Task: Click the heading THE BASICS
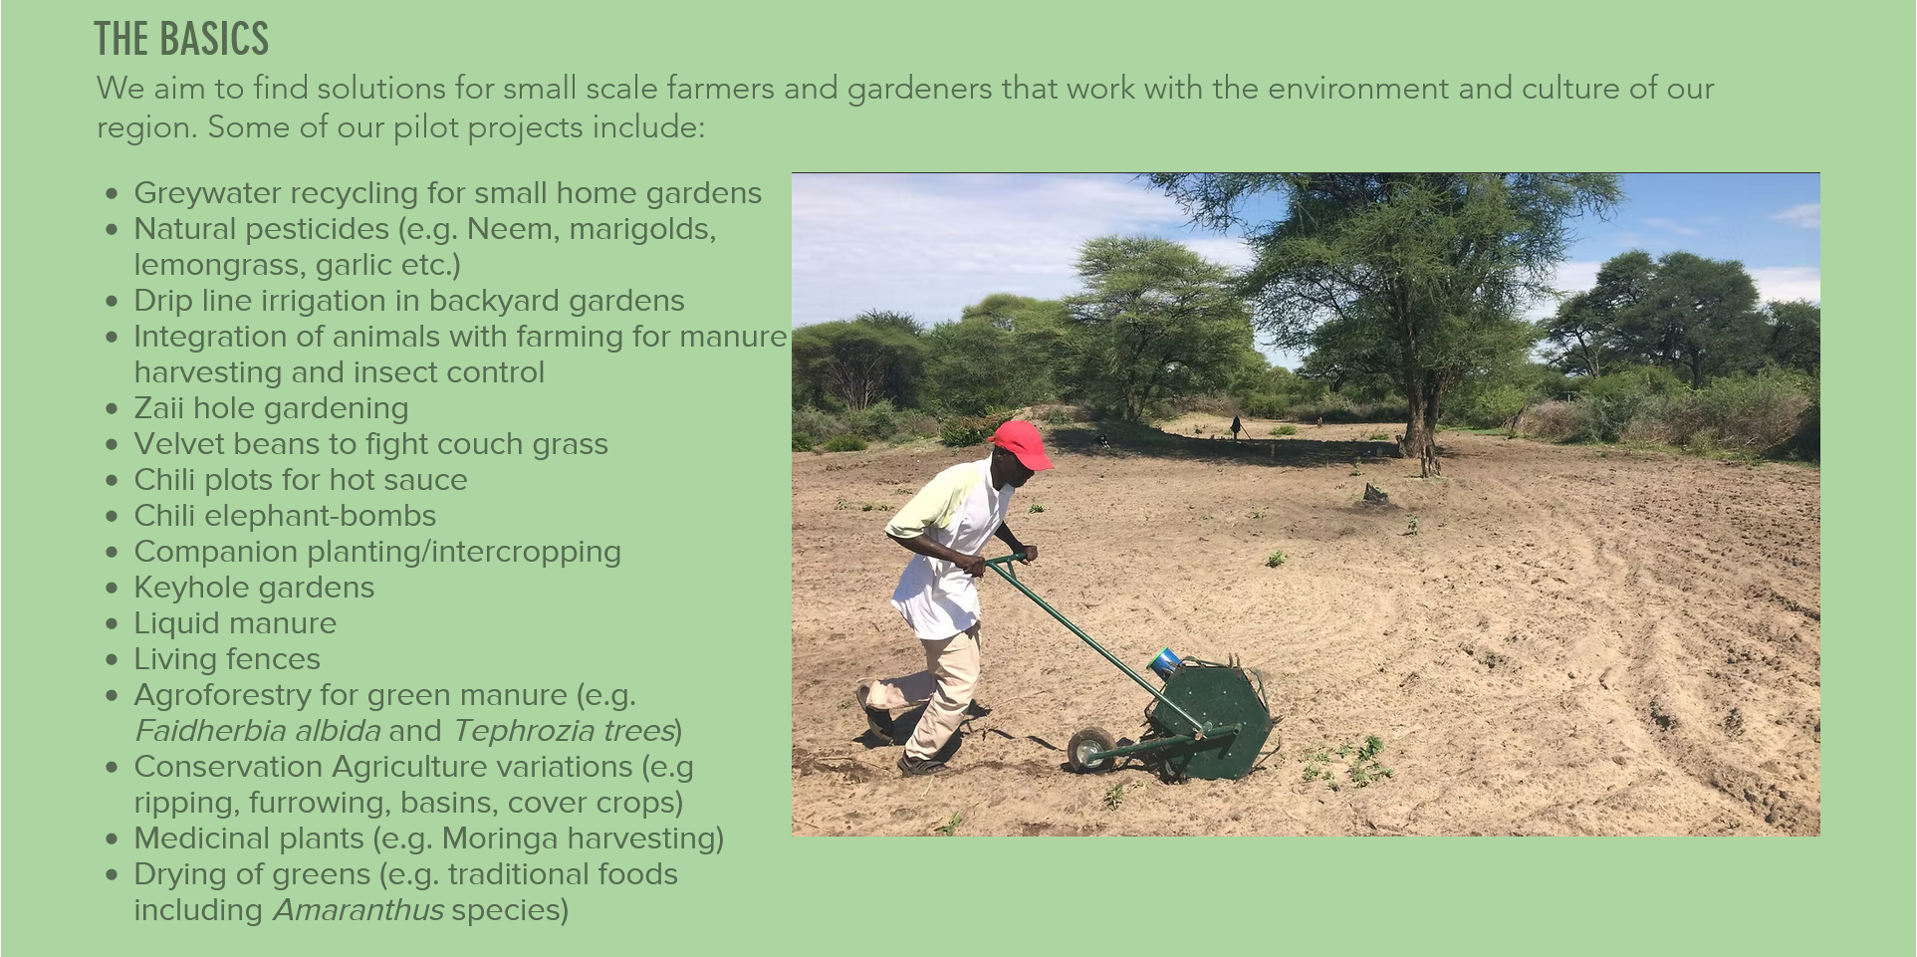tap(181, 39)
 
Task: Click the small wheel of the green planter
tap(1090, 749)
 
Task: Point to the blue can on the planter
tap(1163, 662)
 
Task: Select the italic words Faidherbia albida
tap(257, 731)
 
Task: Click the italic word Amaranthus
tap(359, 910)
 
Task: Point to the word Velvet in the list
tap(177, 444)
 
